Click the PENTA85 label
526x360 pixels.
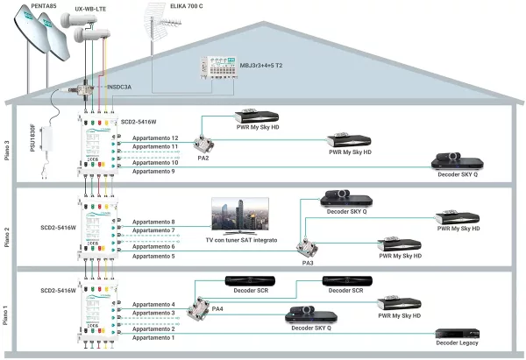click(x=44, y=6)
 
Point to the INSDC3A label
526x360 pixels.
click(x=124, y=88)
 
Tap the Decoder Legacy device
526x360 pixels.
click(x=458, y=335)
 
